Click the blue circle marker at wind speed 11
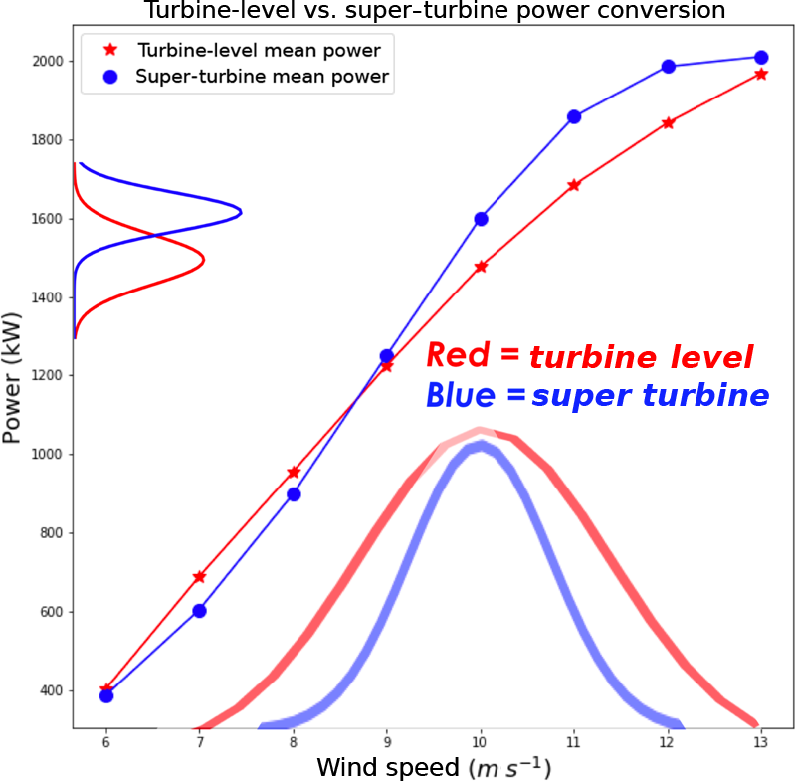click(574, 116)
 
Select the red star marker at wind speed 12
click(668, 123)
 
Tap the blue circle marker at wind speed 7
click(199, 610)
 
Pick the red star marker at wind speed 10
click(481, 267)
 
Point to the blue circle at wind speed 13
click(761, 58)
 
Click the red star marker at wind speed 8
click(293, 473)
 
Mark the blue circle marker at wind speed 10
click(481, 219)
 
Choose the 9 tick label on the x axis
click(387, 742)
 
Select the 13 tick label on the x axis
click(761, 742)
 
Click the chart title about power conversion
click(435, 11)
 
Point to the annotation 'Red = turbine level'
click(589, 356)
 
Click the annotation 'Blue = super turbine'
click(597, 396)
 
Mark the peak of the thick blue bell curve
click(481, 445)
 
